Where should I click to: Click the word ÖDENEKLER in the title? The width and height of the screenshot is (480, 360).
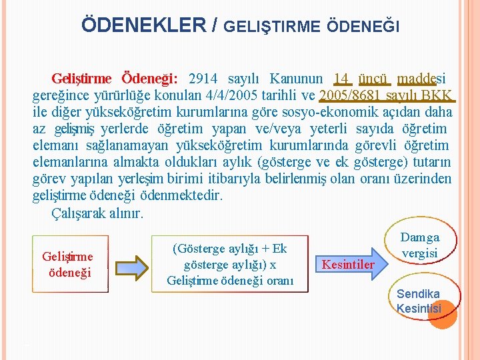143,25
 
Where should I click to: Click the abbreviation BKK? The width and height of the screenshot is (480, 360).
437,95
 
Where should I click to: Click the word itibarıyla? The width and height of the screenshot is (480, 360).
266,179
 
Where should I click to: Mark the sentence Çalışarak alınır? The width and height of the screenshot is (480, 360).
97,213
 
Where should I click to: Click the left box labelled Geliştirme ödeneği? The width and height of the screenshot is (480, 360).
67,264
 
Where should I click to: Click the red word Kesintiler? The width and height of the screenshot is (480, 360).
348,265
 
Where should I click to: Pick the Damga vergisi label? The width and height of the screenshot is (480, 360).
420,245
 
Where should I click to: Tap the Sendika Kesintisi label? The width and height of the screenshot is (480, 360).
419,301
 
